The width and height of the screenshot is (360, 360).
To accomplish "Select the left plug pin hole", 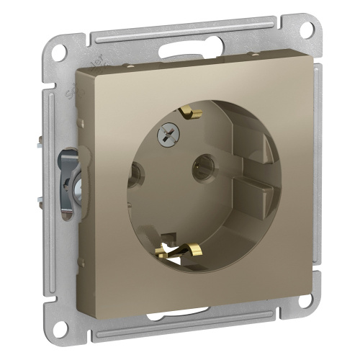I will tap(134, 172).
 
